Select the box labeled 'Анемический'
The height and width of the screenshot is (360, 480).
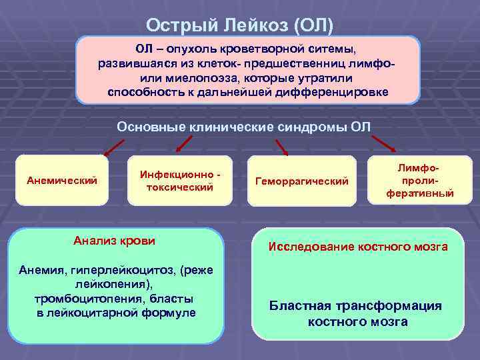coord(61,180)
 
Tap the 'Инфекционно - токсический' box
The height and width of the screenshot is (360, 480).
coord(180,181)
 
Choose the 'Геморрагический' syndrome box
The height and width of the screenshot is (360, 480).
coord(301,181)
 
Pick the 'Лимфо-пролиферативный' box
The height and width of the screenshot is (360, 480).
coord(420,181)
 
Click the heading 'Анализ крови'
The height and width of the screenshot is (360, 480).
coord(115,241)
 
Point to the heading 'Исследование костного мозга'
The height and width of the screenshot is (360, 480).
coord(357,247)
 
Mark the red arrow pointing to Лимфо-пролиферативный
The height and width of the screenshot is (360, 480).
coord(383,145)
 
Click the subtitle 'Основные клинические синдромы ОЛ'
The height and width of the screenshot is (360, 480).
coord(243,127)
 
